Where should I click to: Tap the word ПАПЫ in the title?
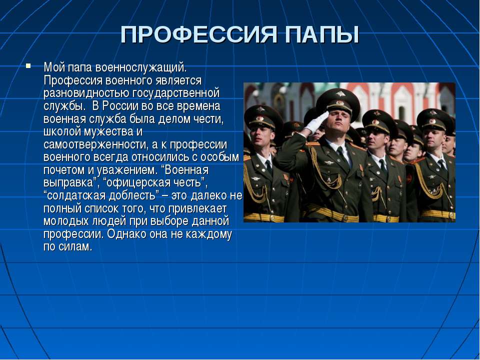[x=322, y=34]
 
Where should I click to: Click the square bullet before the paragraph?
[x=28, y=65]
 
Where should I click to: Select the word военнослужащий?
[x=141, y=67]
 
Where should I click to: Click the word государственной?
[x=176, y=93]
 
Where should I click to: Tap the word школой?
[x=63, y=131]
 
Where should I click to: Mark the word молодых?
[x=64, y=221]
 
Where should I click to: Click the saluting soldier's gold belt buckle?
[x=345, y=218]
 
